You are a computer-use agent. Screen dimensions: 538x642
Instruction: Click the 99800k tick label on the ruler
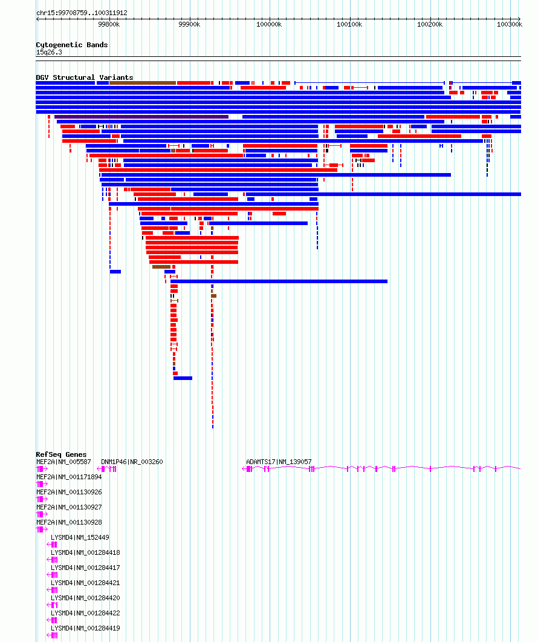109,25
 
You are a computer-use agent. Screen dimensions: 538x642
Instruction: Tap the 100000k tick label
269,25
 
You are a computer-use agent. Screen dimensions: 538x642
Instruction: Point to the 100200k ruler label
430,25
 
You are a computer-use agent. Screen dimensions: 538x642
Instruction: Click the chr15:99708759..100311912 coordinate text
82,13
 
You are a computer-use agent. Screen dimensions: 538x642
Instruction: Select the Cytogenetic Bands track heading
72,45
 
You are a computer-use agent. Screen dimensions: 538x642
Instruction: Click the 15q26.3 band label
49,53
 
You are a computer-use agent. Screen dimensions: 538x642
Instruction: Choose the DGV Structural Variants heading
85,77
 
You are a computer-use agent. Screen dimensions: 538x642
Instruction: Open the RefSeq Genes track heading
62,454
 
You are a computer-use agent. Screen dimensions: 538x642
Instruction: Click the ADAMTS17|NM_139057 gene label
279,462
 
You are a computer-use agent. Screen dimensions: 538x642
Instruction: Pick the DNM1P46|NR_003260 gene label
132,462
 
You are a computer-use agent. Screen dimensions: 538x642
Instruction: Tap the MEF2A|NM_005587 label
63,462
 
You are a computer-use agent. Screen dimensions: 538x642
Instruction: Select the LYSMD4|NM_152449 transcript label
80,537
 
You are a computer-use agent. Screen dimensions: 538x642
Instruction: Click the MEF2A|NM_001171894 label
69,477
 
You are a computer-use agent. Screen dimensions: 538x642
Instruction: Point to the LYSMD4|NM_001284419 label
85,629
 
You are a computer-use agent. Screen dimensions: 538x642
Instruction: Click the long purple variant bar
141,117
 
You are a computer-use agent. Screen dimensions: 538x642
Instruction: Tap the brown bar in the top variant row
143,83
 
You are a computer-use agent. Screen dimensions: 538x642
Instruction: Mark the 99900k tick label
189,25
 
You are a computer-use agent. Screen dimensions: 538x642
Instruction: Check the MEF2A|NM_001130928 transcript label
69,522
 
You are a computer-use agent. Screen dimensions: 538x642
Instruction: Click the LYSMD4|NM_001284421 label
85,583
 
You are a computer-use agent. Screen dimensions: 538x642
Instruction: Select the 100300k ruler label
510,25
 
